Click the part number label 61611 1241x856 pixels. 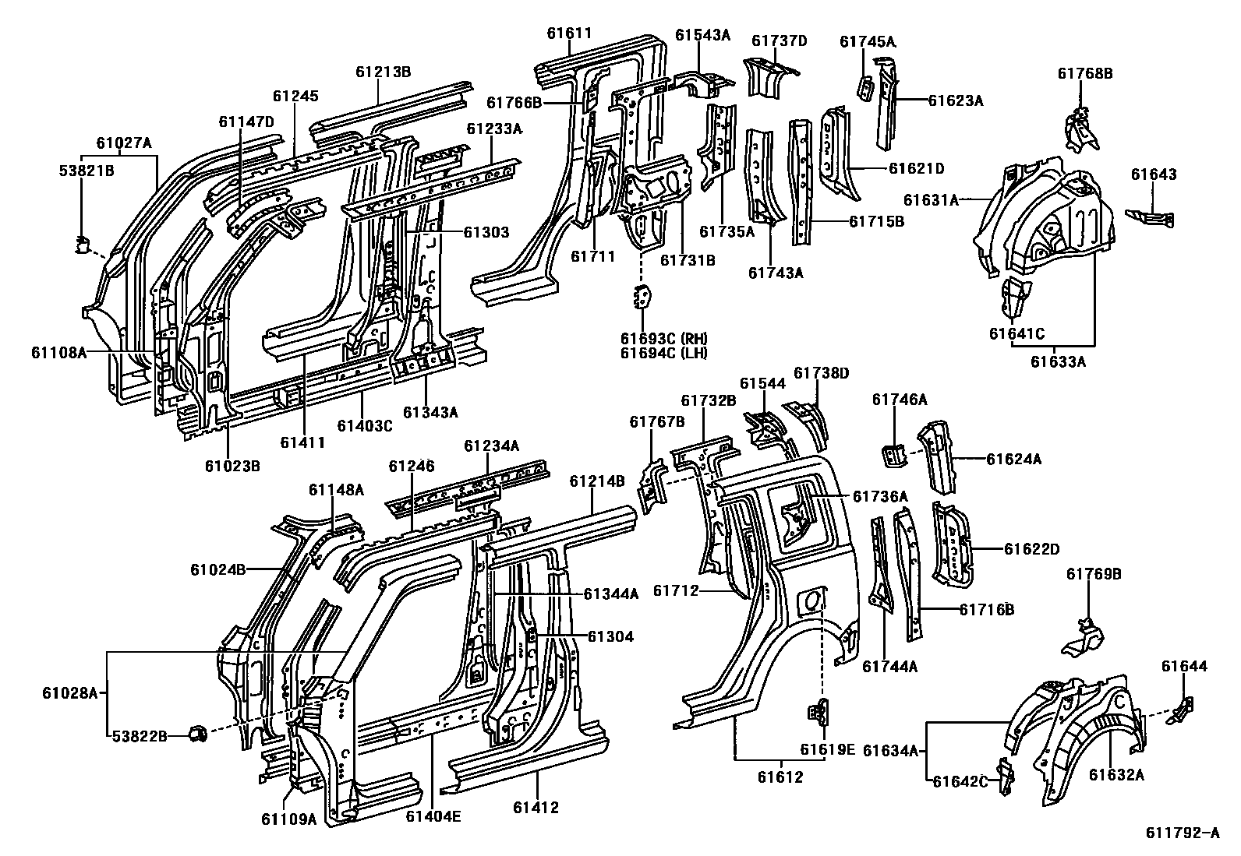click(x=568, y=33)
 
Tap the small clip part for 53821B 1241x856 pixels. click(x=81, y=245)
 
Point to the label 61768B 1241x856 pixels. click(x=1084, y=74)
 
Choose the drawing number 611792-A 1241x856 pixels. click(x=1182, y=833)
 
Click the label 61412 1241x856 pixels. click(x=536, y=808)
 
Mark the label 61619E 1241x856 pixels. click(x=827, y=750)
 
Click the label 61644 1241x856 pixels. click(x=1184, y=666)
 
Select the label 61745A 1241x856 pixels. click(x=868, y=42)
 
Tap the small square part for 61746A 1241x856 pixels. click(x=893, y=453)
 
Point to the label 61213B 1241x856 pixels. click(x=383, y=72)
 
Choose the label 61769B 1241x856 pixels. click(x=1094, y=574)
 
